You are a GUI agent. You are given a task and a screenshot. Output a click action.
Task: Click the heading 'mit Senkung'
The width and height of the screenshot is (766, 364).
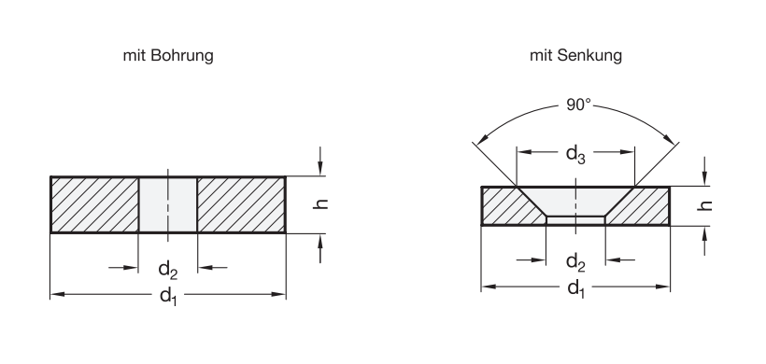pyautogui.click(x=574, y=56)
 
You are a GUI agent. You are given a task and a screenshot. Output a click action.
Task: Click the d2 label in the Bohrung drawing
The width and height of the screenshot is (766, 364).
pyautogui.click(x=167, y=270)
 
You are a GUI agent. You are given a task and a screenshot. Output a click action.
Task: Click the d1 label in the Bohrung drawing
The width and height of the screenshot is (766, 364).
pyautogui.click(x=167, y=299)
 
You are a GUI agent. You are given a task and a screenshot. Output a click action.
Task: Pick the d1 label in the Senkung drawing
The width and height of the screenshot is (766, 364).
pyautogui.click(x=575, y=291)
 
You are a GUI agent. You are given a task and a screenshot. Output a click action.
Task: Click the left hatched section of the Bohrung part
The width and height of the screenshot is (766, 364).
pyautogui.click(x=93, y=204)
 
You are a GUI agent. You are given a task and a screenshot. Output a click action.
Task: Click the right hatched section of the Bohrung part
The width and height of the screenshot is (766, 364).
pyautogui.click(x=240, y=204)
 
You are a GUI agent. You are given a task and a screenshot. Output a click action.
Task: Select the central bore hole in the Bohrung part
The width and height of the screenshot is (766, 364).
pyautogui.click(x=167, y=204)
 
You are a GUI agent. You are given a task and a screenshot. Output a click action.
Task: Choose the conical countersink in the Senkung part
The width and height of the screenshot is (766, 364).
pyautogui.click(x=575, y=200)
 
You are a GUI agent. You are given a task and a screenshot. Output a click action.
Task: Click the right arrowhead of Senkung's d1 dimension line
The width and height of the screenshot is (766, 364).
pyautogui.click(x=665, y=287)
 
